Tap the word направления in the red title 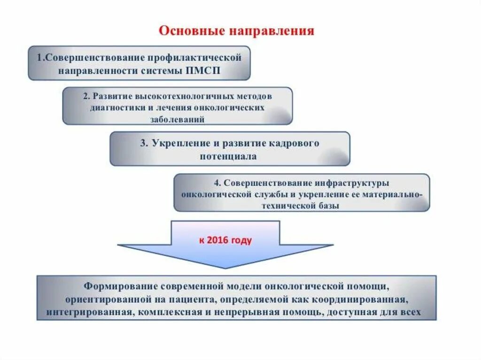271,31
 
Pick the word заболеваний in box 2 177,119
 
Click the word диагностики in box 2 118,107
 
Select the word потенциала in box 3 230,156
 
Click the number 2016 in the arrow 218,240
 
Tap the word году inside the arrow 241,240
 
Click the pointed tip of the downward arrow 226,268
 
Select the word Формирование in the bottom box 119,286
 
